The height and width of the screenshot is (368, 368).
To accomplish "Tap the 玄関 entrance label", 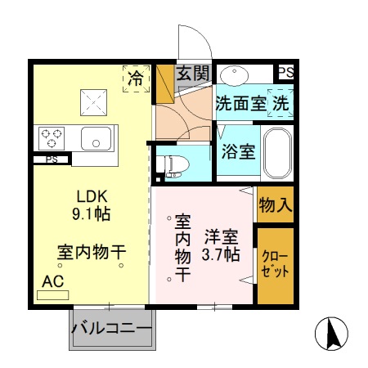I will click(192, 73).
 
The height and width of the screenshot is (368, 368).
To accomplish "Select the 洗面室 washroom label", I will click(240, 104).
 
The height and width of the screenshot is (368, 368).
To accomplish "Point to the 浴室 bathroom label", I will click(237, 151).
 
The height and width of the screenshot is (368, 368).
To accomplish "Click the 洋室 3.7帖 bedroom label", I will click(221, 245).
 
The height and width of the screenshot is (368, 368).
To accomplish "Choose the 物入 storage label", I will click(275, 204).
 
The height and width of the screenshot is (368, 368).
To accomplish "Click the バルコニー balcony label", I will click(111, 330).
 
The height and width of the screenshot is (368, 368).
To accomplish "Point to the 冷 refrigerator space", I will click(135, 78).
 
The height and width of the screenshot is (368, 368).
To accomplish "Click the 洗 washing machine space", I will click(280, 104).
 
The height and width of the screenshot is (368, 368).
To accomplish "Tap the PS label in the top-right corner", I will click(285, 74).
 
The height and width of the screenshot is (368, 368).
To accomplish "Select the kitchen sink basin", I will click(96, 139).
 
